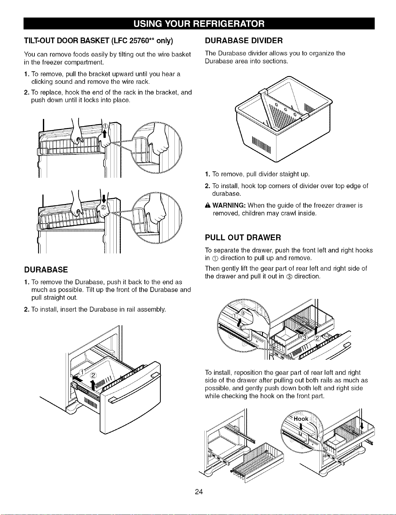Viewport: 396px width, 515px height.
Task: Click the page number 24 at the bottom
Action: click(x=199, y=492)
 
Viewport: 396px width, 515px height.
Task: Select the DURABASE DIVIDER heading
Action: click(x=244, y=41)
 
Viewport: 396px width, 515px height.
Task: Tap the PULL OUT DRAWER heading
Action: click(x=243, y=238)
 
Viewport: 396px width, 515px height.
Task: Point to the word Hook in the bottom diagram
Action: click(x=301, y=419)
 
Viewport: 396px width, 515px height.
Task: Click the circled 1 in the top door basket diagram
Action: click(x=105, y=126)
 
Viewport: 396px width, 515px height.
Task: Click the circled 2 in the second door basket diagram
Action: click(x=104, y=207)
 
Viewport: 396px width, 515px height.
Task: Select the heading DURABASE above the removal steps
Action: click(x=46, y=270)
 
